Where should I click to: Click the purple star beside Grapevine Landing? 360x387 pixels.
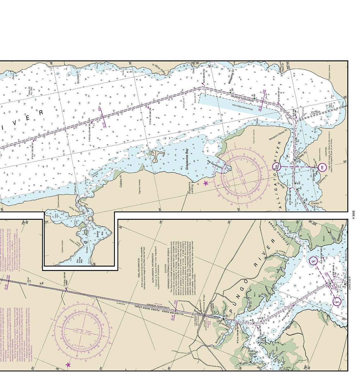pyautogui.click(x=206, y=183)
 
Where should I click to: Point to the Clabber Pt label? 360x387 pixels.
pyautogui.click(x=121, y=180)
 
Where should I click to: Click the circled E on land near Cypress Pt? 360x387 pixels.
pyautogui.click(x=322, y=167)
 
